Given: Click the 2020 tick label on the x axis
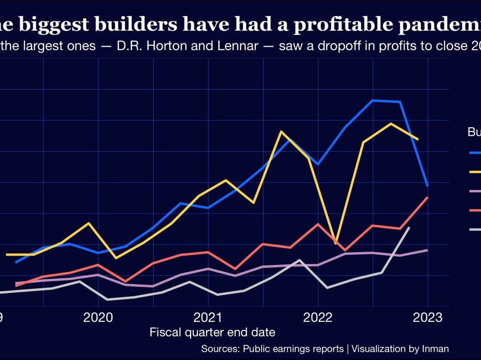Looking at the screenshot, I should pos(98,317).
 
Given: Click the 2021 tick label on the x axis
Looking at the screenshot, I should pos(208,317).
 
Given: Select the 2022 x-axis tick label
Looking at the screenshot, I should pos(318,317).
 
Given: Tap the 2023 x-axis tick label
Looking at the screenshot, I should pos(428,317).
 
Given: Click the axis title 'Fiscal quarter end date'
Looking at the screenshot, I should pos(212,333).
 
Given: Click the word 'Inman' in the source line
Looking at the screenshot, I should pos(435,349).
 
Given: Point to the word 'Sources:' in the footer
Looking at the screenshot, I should pos(220,349).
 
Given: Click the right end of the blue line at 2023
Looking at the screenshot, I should pos(427,185).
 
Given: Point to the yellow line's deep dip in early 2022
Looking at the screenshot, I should pos(335,244).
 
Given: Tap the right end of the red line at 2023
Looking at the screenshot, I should pos(427,197).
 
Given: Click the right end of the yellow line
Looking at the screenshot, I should pos(418,139).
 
